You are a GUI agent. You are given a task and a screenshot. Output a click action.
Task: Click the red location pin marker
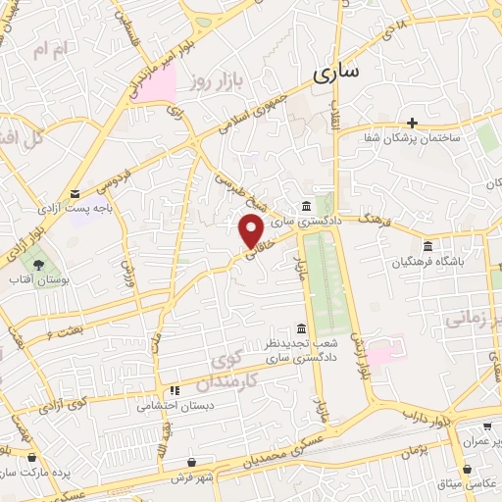click(x=252, y=230)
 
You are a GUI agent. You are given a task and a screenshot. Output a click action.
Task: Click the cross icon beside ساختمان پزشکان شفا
click(x=413, y=123)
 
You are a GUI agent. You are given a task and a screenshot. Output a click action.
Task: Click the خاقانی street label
click(x=254, y=253)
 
